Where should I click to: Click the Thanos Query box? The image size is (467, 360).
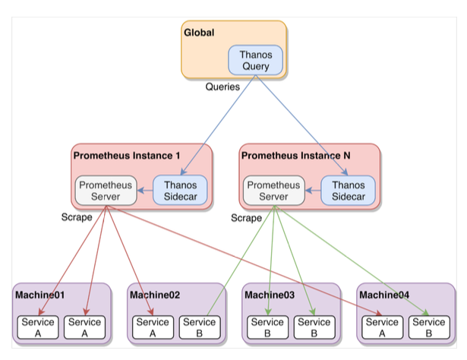[x=256, y=61]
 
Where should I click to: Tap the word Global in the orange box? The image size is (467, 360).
[x=199, y=33]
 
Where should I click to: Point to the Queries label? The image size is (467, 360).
[x=222, y=87]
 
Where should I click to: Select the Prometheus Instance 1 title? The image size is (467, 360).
[x=127, y=156]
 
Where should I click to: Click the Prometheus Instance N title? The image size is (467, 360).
[x=296, y=156]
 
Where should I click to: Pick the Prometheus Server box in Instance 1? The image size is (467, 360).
[x=106, y=191]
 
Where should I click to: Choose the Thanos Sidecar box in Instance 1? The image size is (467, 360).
[x=180, y=191]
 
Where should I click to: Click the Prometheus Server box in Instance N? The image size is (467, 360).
[x=273, y=191]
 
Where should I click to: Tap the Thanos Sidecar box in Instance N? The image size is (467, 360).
[x=349, y=191]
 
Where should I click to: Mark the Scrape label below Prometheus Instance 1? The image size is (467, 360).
[x=77, y=217]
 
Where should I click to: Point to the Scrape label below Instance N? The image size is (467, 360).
[x=246, y=218]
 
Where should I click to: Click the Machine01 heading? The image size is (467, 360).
[x=39, y=295]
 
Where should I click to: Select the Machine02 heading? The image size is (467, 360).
[x=155, y=295]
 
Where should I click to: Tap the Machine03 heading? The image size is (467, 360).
[x=270, y=295]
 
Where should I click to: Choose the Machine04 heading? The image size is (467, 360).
[x=384, y=295]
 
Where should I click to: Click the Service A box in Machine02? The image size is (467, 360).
[x=153, y=327]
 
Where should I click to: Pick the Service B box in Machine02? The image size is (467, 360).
[x=200, y=327]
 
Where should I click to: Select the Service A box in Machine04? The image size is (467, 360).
[x=381, y=327]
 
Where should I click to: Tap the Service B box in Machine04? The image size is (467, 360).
[x=428, y=327]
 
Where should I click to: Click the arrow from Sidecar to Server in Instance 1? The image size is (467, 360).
[x=145, y=191]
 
